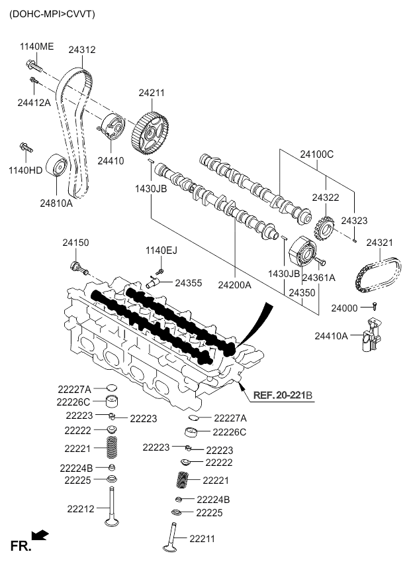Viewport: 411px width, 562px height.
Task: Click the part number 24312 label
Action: coord(83,50)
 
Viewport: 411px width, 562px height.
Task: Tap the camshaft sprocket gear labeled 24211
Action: coord(151,133)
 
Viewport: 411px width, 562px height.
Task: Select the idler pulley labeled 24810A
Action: coord(58,168)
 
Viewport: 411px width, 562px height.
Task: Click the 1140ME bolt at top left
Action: coord(33,66)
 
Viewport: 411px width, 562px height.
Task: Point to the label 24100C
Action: coord(316,154)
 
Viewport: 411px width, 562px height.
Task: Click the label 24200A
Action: coord(235,286)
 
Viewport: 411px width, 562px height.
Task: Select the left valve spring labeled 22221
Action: coord(113,448)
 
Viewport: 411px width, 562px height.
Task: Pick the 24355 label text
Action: coord(189,283)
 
